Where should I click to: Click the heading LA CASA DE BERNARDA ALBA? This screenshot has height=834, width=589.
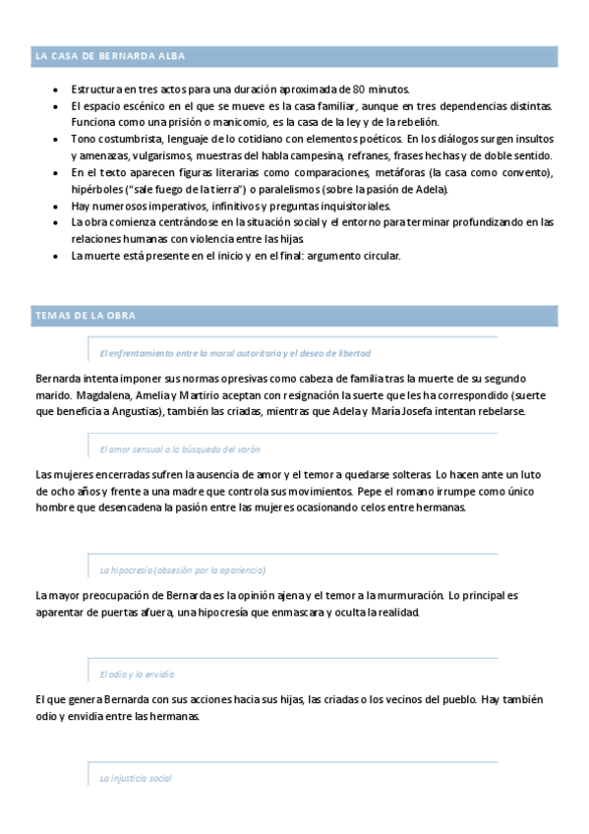[x=109, y=56]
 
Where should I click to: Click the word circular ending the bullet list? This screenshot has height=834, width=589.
[x=375, y=256]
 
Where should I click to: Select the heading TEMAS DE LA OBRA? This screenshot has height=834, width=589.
[x=85, y=316]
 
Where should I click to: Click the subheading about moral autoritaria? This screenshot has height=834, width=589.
[x=235, y=352]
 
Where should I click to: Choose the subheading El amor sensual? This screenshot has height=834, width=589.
[x=180, y=448]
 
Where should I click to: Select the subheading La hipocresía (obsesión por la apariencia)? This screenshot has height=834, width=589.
[x=183, y=569]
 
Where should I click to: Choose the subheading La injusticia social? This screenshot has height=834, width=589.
[x=136, y=778]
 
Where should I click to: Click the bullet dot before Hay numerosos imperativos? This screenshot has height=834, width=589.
[x=57, y=207]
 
